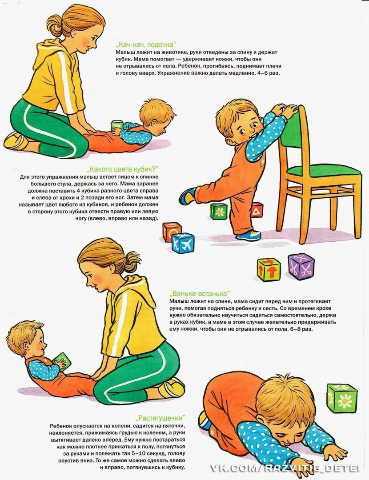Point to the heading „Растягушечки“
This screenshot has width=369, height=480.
[160, 418]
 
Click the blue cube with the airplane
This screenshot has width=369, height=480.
[183, 243]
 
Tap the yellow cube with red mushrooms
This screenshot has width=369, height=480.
[269, 270]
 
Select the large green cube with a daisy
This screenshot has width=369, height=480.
[342, 398]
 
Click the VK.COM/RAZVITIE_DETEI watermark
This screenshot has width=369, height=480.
[285, 468]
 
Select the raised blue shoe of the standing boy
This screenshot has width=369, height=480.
[187, 196]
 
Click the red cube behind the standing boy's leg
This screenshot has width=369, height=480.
[257, 210]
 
